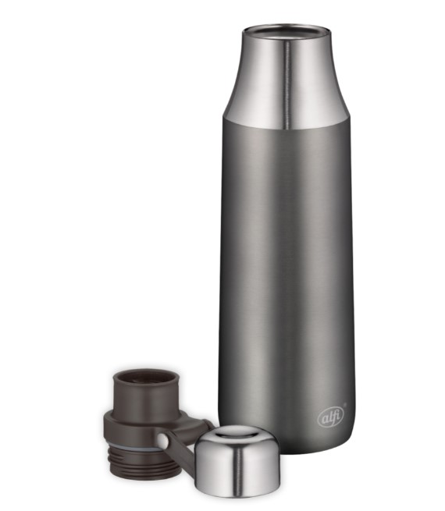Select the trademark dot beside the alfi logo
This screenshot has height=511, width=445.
[345, 405]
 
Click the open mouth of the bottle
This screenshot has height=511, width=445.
[287, 32]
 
